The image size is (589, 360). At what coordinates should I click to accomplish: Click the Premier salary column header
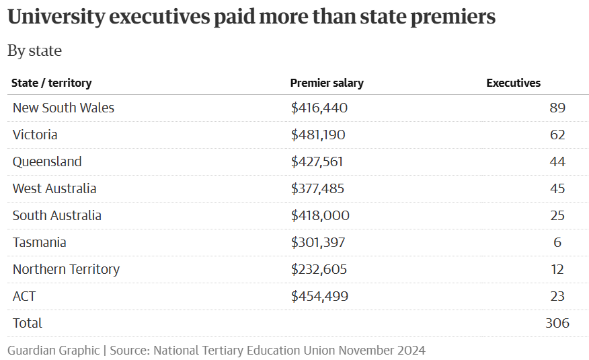(x=327, y=83)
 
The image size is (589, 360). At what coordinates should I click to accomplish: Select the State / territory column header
(x=52, y=83)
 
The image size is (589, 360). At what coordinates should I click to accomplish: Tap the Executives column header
(x=513, y=83)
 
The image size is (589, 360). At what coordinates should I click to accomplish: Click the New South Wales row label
(x=63, y=108)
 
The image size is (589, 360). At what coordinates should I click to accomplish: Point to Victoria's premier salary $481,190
(x=318, y=135)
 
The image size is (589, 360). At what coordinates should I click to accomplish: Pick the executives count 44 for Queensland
(x=557, y=161)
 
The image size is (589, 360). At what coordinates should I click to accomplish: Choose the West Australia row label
(x=54, y=188)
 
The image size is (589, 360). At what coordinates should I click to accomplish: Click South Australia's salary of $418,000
(x=320, y=215)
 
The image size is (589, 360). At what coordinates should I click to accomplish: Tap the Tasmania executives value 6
(x=558, y=242)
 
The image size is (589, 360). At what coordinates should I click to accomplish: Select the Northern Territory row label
(x=66, y=269)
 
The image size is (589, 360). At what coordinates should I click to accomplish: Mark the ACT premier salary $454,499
(x=320, y=296)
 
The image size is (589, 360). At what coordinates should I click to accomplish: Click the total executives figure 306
(x=557, y=323)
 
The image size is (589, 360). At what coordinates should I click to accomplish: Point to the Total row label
(x=27, y=323)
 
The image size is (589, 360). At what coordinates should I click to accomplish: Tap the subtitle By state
(x=34, y=50)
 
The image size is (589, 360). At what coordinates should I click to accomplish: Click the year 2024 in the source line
(x=411, y=351)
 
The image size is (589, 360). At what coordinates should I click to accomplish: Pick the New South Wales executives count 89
(x=557, y=108)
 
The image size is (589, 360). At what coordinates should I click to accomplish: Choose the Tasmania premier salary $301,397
(x=318, y=242)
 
